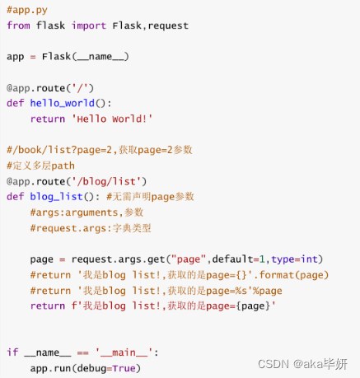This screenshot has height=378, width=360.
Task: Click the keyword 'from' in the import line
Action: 18,26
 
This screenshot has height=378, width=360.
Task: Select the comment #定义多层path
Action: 40,165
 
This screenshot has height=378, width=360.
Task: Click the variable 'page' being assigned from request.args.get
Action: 42,259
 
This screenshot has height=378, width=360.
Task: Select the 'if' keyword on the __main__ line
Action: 12,352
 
